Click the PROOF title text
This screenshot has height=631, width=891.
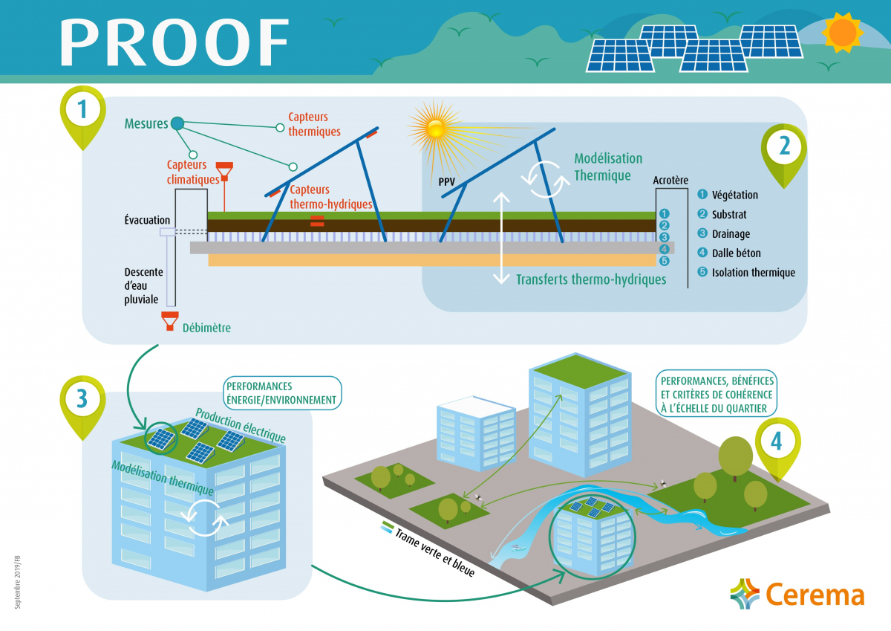[175, 42]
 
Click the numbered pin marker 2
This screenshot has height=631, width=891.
[784, 147]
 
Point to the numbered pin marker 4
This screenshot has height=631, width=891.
[777, 441]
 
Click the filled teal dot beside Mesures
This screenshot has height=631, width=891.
[177, 123]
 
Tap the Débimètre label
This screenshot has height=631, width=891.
[206, 327]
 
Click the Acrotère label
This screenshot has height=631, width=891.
[670, 180]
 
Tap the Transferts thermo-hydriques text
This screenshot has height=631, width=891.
[591, 279]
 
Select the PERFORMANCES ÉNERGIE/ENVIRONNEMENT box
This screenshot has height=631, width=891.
[281, 393]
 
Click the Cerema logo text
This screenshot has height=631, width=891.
[815, 595]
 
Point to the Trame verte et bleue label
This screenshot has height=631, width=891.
[434, 553]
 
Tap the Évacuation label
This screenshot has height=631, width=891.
[147, 220]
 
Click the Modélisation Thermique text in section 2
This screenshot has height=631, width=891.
[607, 167]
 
